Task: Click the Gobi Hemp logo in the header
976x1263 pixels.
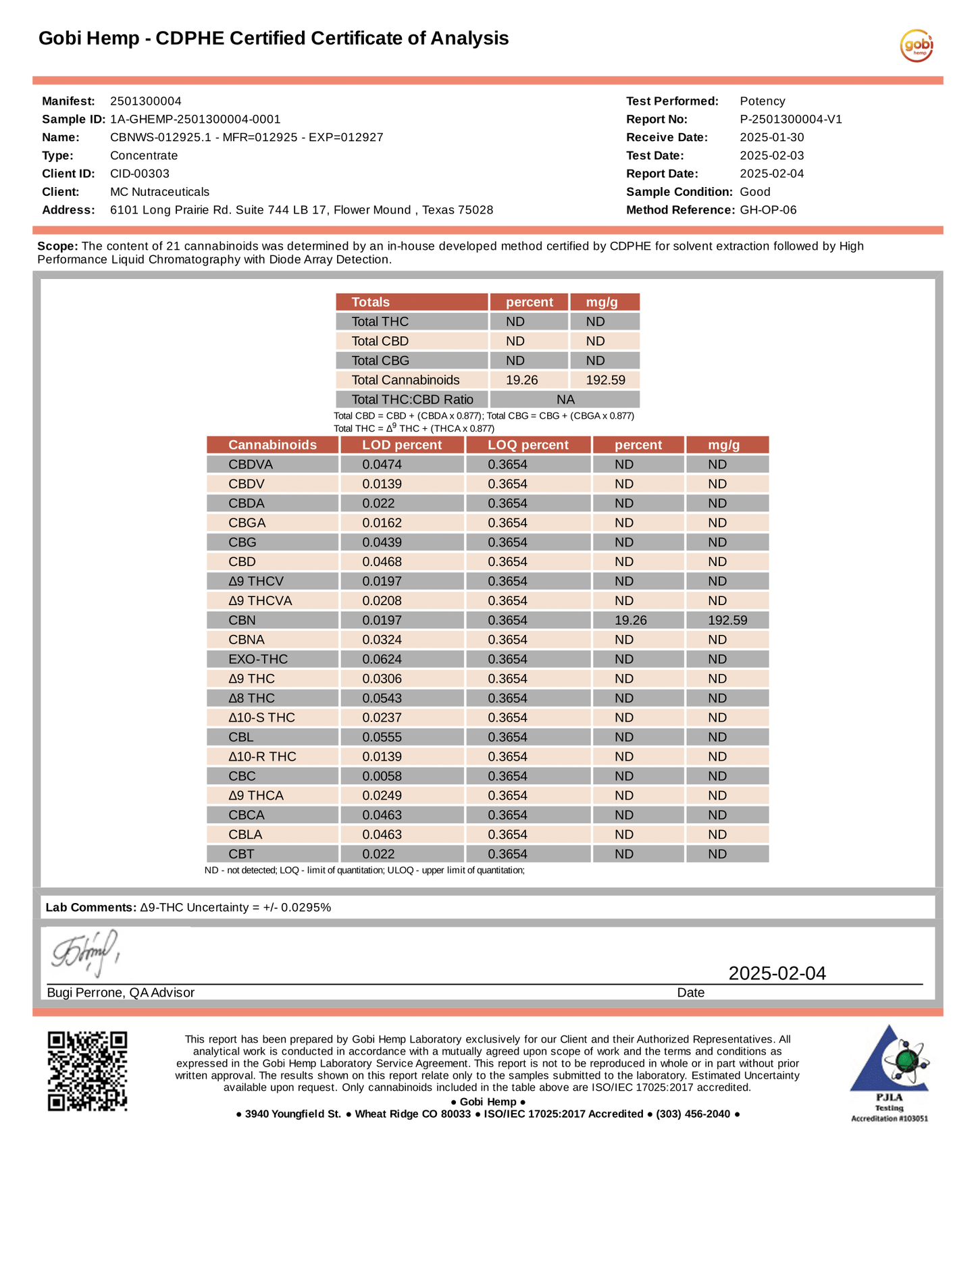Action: (916, 46)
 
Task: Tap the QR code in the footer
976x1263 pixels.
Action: (87, 1071)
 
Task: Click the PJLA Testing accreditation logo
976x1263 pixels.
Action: (889, 1074)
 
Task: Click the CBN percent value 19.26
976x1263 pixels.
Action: (631, 620)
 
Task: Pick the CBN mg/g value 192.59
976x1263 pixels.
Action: (727, 620)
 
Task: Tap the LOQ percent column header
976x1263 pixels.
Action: (528, 445)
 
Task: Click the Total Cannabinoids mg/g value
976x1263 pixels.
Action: (605, 380)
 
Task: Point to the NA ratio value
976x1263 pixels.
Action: (565, 400)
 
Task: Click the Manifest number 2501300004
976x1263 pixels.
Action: (146, 101)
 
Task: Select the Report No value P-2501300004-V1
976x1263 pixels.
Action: (791, 120)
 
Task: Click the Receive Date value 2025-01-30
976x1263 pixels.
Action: (771, 138)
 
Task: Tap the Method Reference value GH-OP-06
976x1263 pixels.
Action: (768, 210)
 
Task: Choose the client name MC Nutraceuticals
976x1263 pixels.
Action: (159, 192)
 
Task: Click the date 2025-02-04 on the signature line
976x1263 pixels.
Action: (777, 973)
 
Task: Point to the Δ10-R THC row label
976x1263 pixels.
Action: (262, 756)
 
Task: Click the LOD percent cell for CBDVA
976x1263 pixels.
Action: (382, 465)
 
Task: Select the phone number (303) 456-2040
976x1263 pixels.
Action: (693, 1114)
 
